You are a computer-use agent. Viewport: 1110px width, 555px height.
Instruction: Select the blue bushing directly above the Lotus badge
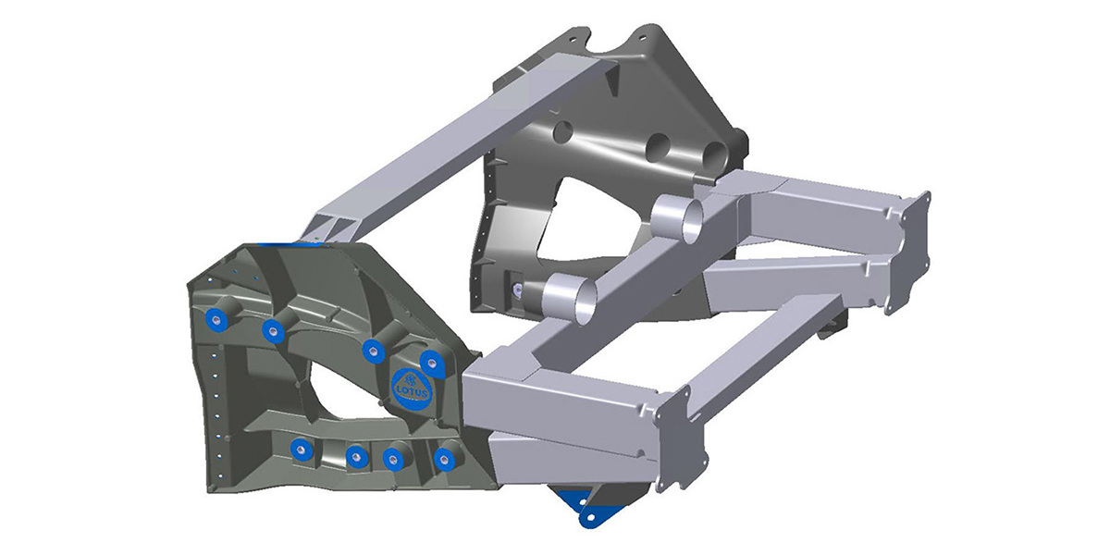429,361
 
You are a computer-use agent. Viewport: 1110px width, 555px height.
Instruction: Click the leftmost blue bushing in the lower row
299,450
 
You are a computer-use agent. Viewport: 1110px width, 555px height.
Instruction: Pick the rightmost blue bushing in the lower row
448,457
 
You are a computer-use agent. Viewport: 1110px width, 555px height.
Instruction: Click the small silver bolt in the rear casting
518,290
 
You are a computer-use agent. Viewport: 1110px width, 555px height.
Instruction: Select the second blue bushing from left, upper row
272,330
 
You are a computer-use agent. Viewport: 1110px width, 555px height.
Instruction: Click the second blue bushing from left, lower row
355,456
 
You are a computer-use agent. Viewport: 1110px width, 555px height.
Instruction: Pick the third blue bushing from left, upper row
373,349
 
